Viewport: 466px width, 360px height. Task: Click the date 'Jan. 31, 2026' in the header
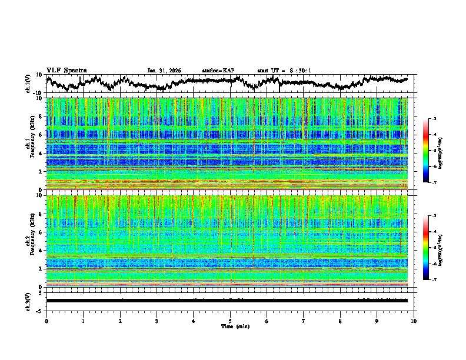[x=164, y=71]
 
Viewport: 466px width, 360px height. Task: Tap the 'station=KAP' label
[x=218, y=71]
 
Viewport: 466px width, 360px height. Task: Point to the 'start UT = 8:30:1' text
[x=284, y=71]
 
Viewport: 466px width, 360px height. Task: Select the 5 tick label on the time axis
[x=230, y=321]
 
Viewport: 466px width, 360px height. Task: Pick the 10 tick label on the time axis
[x=414, y=321]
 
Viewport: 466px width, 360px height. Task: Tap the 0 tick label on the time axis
[x=46, y=321]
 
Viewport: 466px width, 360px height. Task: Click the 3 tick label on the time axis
[x=157, y=321]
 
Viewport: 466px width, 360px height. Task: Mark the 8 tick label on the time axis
[x=340, y=321]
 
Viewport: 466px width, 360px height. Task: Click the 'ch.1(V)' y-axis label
[x=29, y=84]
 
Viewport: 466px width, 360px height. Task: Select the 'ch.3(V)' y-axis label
[x=29, y=301]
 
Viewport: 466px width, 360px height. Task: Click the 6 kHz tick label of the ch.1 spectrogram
[x=41, y=135]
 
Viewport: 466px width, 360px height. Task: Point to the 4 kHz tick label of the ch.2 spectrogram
[x=41, y=251]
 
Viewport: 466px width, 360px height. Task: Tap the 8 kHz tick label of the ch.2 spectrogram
[x=41, y=214]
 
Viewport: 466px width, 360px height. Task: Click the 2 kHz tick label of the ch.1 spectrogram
[x=41, y=171]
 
